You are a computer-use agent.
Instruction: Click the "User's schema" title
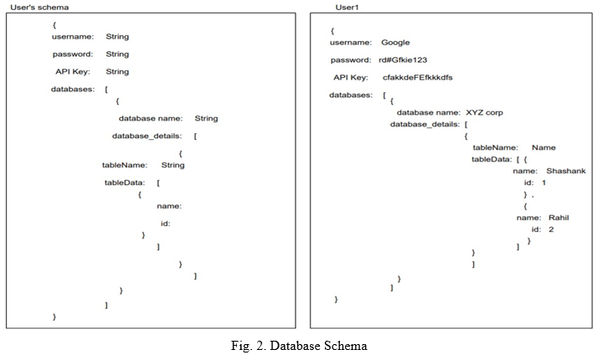(x=39, y=8)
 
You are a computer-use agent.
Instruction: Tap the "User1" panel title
(x=347, y=8)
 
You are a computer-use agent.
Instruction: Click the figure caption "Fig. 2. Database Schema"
(x=299, y=346)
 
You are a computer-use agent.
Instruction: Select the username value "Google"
(x=395, y=43)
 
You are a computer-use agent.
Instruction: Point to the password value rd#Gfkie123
(x=403, y=60)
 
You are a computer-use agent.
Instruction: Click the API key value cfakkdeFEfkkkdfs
(x=418, y=77)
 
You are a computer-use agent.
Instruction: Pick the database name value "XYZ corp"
(x=484, y=113)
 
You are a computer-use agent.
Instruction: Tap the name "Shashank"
(x=566, y=171)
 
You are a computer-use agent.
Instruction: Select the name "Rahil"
(x=559, y=218)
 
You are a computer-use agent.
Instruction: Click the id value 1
(x=543, y=183)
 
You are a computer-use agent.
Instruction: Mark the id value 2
(x=551, y=229)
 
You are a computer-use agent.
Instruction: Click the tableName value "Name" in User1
(x=543, y=147)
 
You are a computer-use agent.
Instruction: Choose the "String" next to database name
(x=206, y=118)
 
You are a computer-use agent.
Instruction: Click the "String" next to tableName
(x=173, y=165)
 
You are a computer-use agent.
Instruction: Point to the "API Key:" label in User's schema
(x=73, y=72)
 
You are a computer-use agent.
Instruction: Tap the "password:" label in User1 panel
(x=351, y=60)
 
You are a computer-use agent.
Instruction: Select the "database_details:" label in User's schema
(x=147, y=136)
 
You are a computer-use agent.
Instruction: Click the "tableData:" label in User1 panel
(x=492, y=159)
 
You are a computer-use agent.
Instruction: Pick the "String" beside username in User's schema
(x=117, y=37)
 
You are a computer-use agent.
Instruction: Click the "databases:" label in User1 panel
(x=351, y=95)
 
